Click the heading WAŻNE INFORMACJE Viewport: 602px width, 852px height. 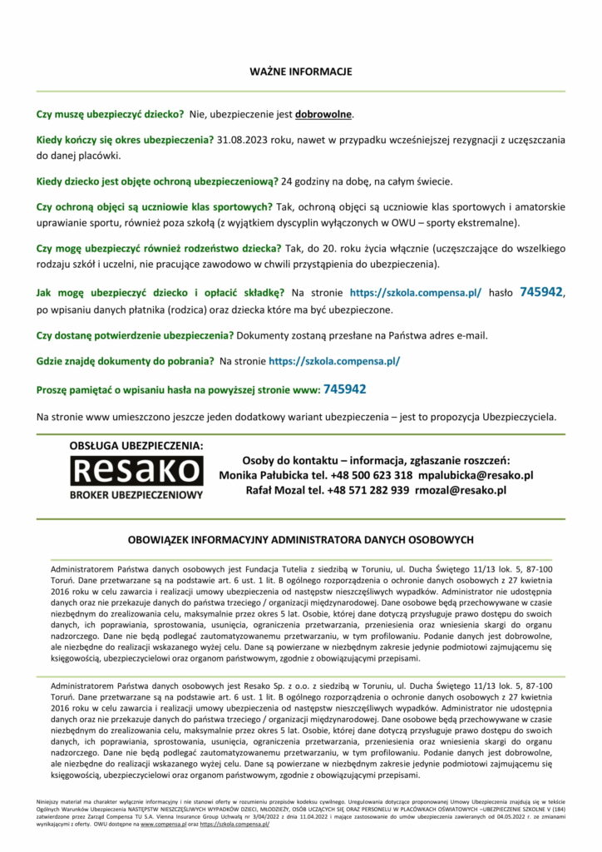301,72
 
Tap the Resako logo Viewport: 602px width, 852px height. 136,472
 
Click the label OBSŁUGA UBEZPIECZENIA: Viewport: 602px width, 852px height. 136,446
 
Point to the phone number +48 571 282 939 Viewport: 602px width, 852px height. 357,491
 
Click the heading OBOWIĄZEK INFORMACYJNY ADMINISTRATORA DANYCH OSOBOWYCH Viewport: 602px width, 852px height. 301,539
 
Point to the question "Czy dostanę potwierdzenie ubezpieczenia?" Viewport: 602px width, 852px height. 136,335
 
